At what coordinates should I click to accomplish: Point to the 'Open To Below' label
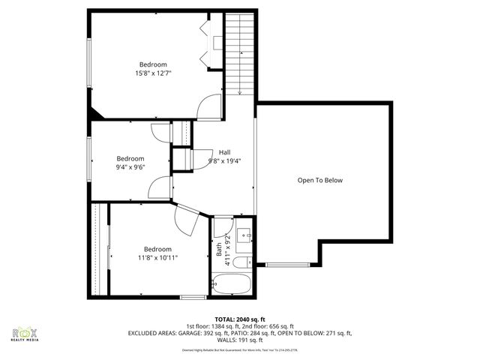(x=325, y=180)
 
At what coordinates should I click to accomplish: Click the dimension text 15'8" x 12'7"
(x=153, y=73)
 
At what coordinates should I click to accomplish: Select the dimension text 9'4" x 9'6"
(x=130, y=167)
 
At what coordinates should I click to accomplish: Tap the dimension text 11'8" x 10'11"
(x=157, y=258)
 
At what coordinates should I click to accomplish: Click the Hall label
(x=225, y=151)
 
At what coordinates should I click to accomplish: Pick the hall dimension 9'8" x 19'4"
(x=225, y=160)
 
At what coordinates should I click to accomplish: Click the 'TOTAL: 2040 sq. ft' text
(x=239, y=319)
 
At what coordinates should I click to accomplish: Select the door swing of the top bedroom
(x=209, y=107)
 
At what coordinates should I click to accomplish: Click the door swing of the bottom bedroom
(x=187, y=220)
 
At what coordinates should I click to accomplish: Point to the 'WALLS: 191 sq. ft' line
(x=239, y=340)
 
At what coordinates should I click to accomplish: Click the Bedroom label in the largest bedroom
(x=153, y=64)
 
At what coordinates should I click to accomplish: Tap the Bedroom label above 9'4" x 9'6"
(x=130, y=158)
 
